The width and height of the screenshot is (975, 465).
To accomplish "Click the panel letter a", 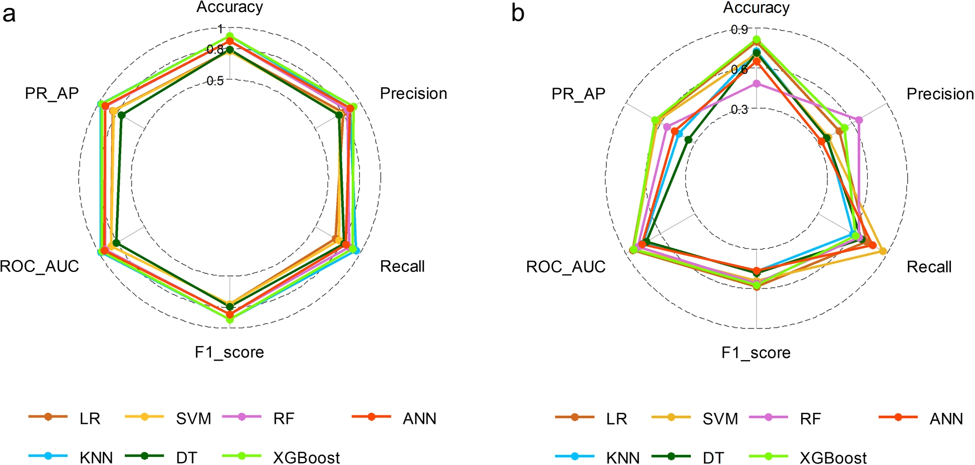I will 9,14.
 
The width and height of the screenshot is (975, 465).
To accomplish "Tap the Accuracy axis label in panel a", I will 229,7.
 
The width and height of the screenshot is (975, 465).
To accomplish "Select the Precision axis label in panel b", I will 940,94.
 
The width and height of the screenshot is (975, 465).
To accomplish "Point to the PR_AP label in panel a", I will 52,93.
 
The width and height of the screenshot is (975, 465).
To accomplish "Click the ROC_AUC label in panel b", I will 566,267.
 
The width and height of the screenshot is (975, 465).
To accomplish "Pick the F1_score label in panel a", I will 229,352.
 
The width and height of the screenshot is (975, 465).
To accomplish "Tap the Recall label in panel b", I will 929,267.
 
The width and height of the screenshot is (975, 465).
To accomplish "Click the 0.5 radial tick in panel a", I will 215,81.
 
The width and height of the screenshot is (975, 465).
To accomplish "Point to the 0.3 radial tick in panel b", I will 740,109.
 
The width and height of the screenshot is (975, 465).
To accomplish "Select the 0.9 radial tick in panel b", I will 740,30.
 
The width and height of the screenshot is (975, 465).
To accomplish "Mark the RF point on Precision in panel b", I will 859,119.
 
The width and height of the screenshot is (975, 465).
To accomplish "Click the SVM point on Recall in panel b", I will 883,251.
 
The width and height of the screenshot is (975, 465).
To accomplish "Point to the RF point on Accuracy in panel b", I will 757,84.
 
